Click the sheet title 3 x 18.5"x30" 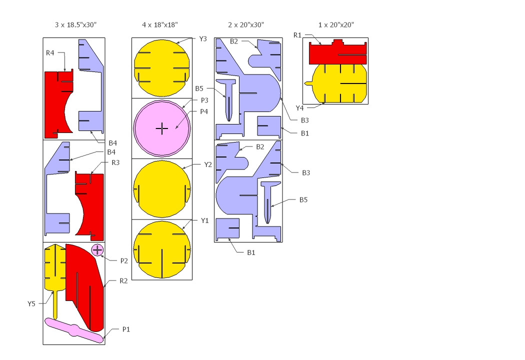point(75,25)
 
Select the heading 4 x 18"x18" point(159,25)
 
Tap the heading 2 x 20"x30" point(246,25)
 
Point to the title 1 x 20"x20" point(336,25)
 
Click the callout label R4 point(50,53)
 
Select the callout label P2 point(124,261)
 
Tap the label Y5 point(31,303)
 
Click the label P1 point(126,329)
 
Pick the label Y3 point(203,39)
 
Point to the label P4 point(204,111)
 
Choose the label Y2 point(208,165)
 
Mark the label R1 point(297,35)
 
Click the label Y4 point(299,108)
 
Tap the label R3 point(115,163)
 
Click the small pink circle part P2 point(97,250)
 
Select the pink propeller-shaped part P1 point(74,330)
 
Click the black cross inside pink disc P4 point(162,128)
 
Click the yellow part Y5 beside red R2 point(55,268)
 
